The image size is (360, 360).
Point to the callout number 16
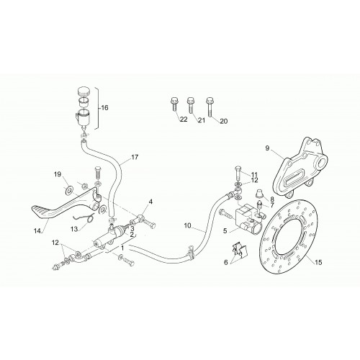click(x=104, y=108)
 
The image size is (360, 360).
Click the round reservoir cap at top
click(x=84, y=91)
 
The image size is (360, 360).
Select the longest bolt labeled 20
click(x=210, y=107)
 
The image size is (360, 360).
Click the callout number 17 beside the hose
click(x=135, y=157)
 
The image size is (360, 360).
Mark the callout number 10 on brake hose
click(x=189, y=225)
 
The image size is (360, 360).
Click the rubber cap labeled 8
click(x=260, y=193)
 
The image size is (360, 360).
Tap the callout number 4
click(x=150, y=202)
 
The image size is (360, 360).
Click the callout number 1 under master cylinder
click(x=122, y=248)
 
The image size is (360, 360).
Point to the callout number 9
click(x=268, y=148)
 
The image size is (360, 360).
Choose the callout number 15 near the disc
click(x=318, y=262)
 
